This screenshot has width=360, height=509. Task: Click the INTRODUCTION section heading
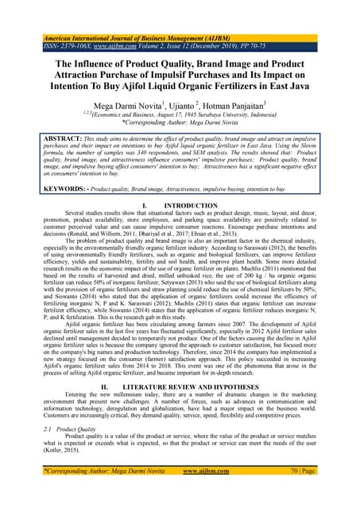click(190, 205)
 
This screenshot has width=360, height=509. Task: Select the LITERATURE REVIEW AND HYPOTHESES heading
click(189, 383)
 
